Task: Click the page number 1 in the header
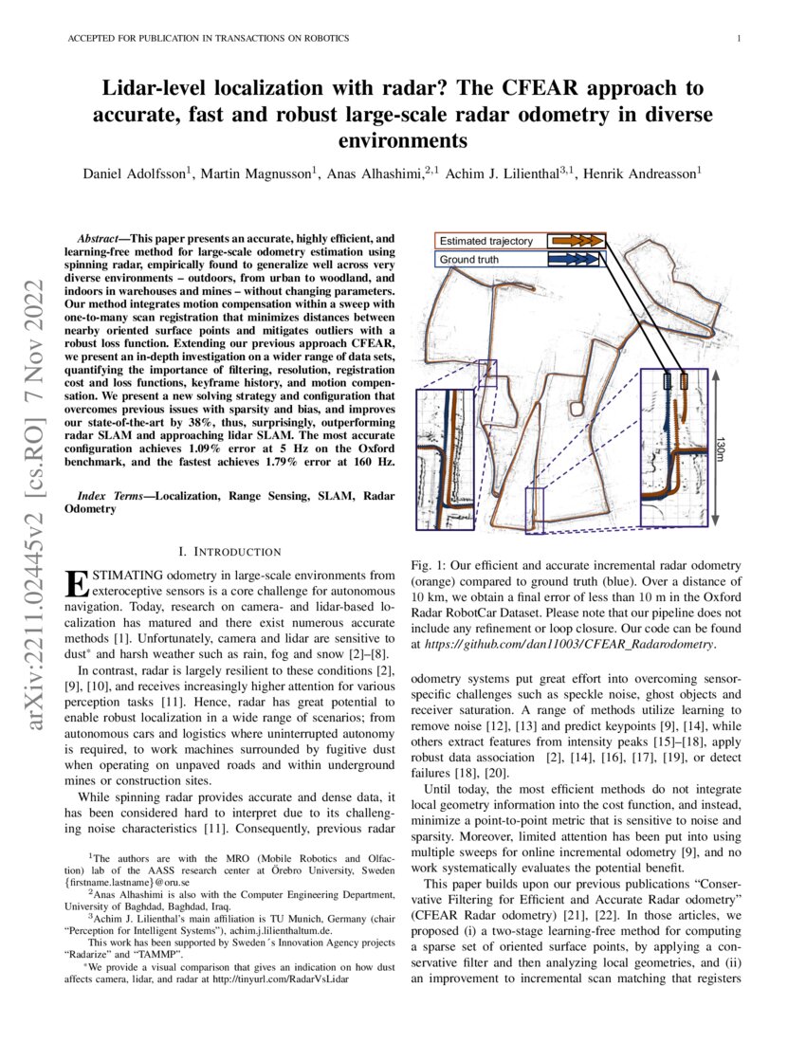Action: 737,38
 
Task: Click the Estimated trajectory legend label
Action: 485,241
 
